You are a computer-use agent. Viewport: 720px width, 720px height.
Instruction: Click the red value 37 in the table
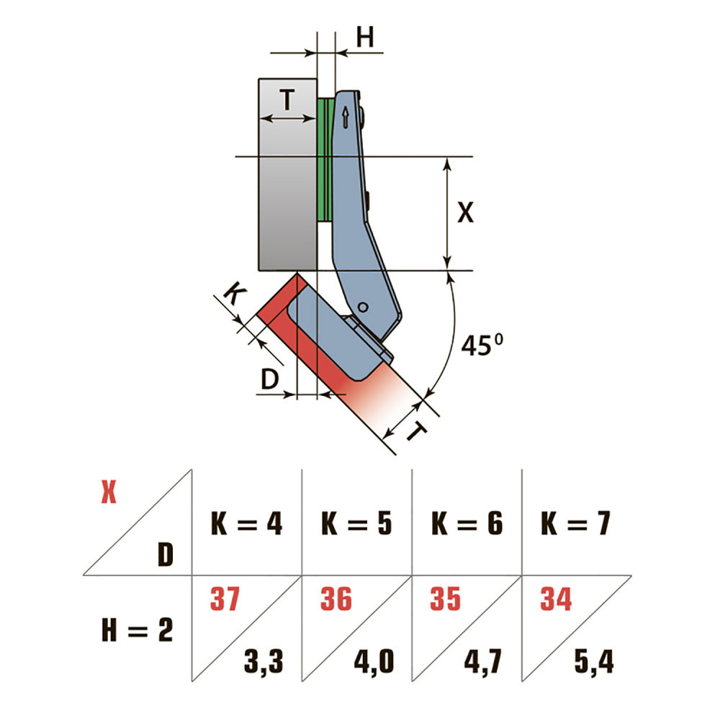pos(225,599)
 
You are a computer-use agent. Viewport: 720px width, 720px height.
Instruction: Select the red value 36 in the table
pos(336,599)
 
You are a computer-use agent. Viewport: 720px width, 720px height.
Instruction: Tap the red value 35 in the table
pos(446,599)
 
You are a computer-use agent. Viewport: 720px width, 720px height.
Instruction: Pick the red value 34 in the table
pos(556,599)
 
